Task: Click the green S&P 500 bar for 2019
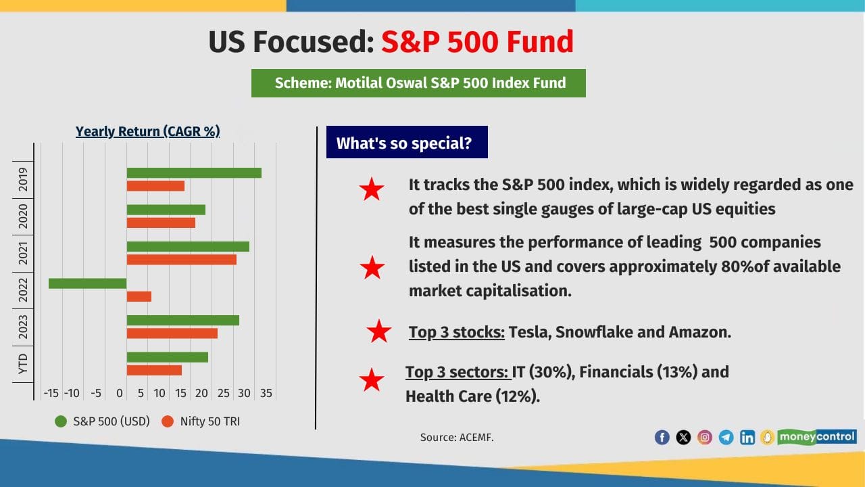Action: pyautogui.click(x=194, y=173)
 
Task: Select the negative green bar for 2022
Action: pyautogui.click(x=88, y=283)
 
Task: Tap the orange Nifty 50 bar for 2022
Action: pyautogui.click(x=139, y=296)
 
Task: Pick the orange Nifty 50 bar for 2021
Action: pyautogui.click(x=182, y=259)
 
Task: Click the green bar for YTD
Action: pyautogui.click(x=168, y=357)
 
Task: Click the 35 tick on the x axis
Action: pyautogui.click(x=266, y=393)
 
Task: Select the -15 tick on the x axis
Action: pyautogui.click(x=51, y=393)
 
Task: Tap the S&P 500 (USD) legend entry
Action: pyautogui.click(x=101, y=421)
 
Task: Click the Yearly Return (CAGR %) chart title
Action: pyautogui.click(x=147, y=131)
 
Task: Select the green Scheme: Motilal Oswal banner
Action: pyautogui.click(x=418, y=83)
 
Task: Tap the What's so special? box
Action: pyautogui.click(x=406, y=143)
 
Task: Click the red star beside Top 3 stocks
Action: pyautogui.click(x=379, y=331)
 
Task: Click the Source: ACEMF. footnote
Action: pyautogui.click(x=457, y=438)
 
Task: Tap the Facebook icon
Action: pyautogui.click(x=662, y=438)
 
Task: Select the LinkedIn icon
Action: pyautogui.click(x=747, y=438)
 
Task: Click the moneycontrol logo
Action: pyautogui.click(x=816, y=437)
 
